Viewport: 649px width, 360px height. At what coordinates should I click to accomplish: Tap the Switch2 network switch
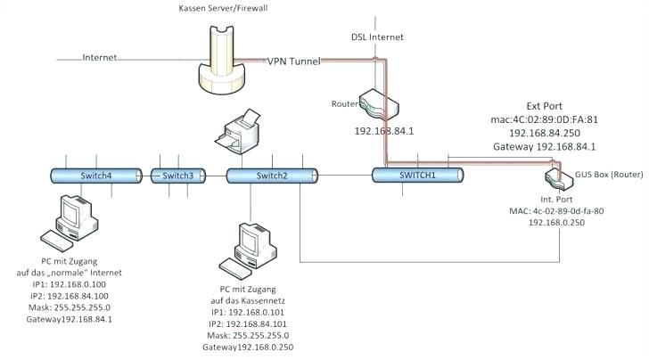[271, 176]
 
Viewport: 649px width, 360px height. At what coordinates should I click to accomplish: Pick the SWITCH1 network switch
[417, 176]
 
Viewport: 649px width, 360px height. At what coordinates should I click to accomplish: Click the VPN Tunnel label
[294, 61]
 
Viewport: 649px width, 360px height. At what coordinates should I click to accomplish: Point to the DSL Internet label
[378, 37]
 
